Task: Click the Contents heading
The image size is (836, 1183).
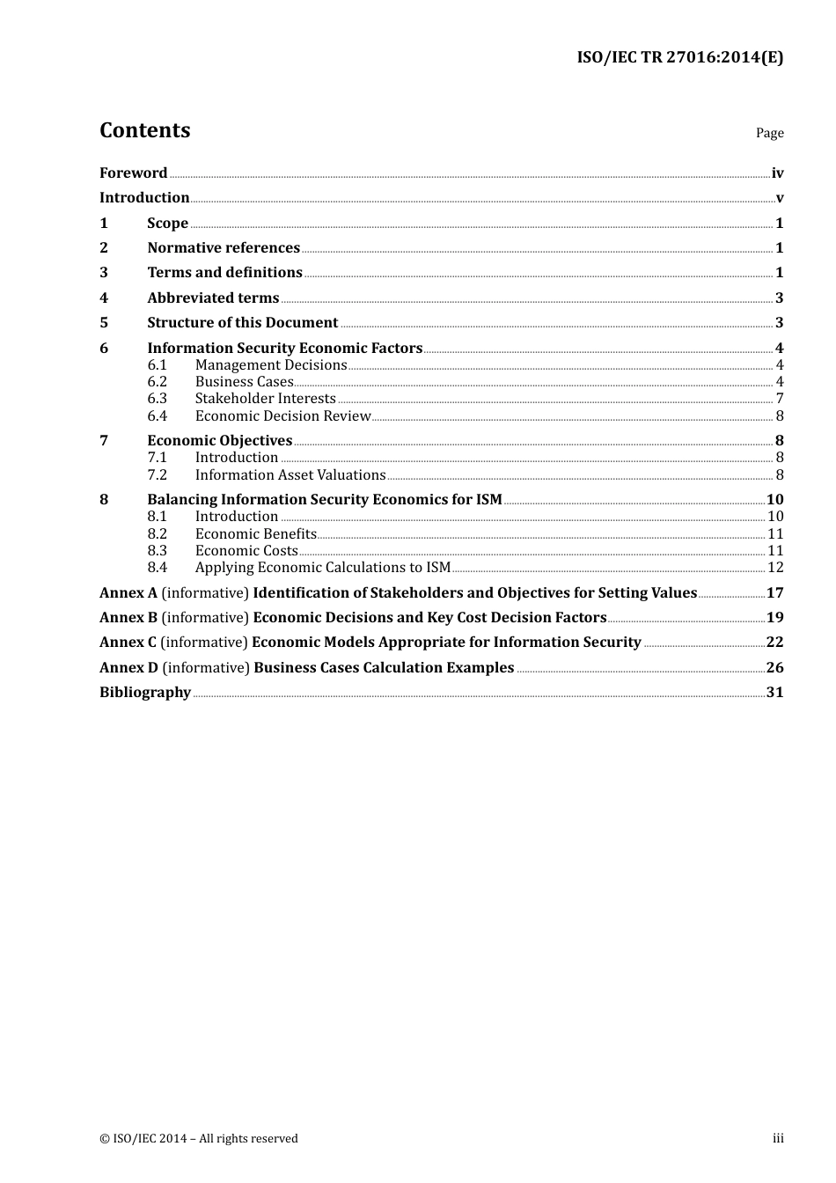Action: [x=144, y=130]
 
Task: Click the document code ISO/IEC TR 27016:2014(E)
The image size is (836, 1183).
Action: [x=679, y=57]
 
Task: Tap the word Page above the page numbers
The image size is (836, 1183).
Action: [x=769, y=133]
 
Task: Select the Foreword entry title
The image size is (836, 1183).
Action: [x=133, y=173]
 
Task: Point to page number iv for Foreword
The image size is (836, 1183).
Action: [x=777, y=173]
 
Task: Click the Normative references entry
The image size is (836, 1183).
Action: [x=224, y=248]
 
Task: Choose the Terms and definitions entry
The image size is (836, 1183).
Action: [x=224, y=273]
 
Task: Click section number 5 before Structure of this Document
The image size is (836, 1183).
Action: [x=104, y=323]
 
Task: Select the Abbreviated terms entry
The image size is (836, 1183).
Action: [x=213, y=298]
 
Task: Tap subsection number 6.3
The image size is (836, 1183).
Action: [x=157, y=399]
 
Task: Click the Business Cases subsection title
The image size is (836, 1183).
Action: [x=244, y=382]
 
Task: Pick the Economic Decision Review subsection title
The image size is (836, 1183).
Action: [x=282, y=416]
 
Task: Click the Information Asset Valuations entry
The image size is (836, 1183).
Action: [x=290, y=475]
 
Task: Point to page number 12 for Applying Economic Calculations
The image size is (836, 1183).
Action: [x=775, y=568]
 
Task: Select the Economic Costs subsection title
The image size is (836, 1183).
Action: [x=246, y=551]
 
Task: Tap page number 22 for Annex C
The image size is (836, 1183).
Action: [x=774, y=643]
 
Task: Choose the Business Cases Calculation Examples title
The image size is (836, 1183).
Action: [x=384, y=668]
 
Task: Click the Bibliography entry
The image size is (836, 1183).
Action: [x=145, y=693]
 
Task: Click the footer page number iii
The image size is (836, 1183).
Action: [x=778, y=1139]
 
